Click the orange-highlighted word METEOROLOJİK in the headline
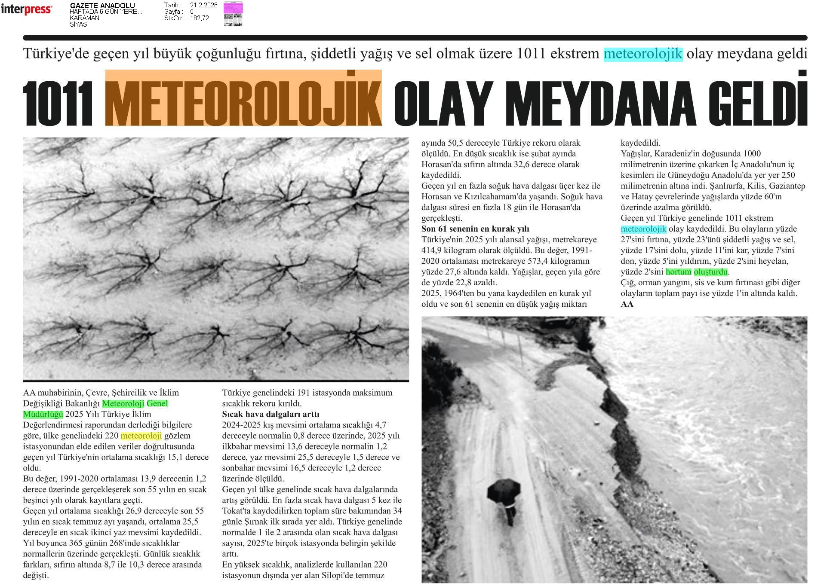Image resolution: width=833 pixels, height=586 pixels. pyautogui.click(x=243, y=98)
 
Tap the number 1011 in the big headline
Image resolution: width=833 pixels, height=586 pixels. pyautogui.click(x=58, y=104)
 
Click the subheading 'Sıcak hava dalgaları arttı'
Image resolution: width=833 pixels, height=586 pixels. pyautogui.click(x=270, y=414)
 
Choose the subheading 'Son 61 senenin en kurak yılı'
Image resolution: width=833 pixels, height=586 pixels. pyautogui.click(x=475, y=229)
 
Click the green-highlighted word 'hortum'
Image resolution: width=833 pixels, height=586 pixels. pyautogui.click(x=678, y=272)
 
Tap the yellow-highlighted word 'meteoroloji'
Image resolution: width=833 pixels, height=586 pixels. pyautogui.click(x=141, y=436)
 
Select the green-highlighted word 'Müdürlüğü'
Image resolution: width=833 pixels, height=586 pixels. pyautogui.click(x=43, y=414)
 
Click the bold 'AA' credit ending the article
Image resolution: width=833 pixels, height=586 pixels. pyautogui.click(x=627, y=304)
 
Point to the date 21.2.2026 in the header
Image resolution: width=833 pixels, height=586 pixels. pyautogui.click(x=203, y=5)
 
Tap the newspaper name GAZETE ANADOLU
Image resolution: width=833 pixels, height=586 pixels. pyautogui.click(x=102, y=6)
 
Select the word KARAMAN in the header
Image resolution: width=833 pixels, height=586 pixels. pyautogui.click(x=84, y=18)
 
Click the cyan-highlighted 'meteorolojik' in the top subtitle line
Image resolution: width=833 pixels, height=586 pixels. pyautogui.click(x=643, y=54)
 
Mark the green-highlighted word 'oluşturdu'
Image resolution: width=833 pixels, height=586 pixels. pyautogui.click(x=710, y=272)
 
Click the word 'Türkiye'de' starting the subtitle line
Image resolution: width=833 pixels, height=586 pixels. pyautogui.click(x=53, y=54)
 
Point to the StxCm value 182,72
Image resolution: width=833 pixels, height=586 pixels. pyautogui.click(x=199, y=18)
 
